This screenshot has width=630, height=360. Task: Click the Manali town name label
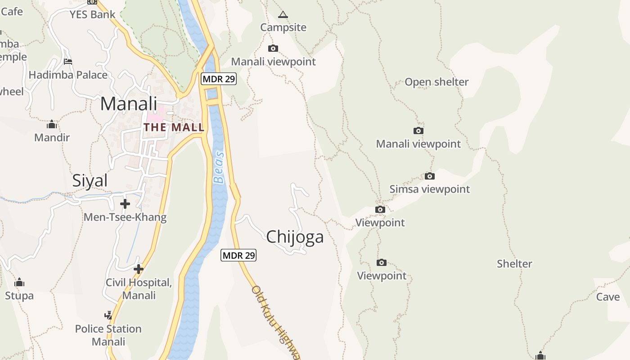pos(128,104)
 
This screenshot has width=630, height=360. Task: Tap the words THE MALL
pos(174,127)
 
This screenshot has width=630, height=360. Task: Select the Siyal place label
pos(90,180)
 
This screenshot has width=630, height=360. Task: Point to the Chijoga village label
pos(295,237)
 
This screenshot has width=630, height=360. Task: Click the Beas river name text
pos(219,168)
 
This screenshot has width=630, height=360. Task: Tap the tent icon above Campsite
pos(283,15)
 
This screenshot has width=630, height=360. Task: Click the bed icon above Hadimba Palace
pos(68,62)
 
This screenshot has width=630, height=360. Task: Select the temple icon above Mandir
pos(52,124)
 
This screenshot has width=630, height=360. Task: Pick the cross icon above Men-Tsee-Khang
pos(125,204)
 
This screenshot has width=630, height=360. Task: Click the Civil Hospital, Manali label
pos(139,289)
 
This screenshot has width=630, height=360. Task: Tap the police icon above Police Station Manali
pos(108,315)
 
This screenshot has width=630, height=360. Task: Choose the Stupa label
pos(19,296)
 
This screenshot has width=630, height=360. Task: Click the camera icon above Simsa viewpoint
pos(430,176)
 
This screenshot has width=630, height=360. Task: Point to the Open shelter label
pos(436,82)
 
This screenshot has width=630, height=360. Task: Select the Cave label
pos(608,297)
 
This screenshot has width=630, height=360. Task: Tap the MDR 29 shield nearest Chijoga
pos(238,256)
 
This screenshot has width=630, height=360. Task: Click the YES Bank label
pos(92,14)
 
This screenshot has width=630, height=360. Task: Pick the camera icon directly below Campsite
pos(273,49)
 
